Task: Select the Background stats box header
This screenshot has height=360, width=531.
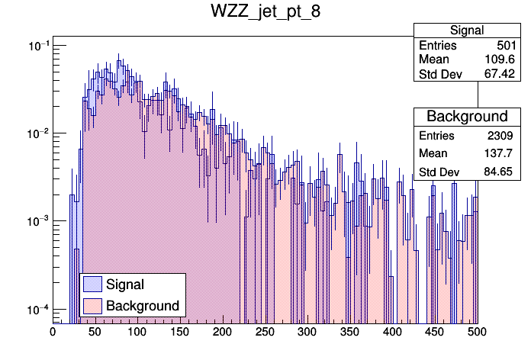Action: [x=467, y=116]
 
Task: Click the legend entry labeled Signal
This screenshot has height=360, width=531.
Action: [x=125, y=284]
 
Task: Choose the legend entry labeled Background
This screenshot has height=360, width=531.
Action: [x=143, y=306]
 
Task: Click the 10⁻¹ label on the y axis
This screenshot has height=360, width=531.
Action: [x=38, y=46]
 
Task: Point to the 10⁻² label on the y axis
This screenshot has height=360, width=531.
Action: [x=38, y=133]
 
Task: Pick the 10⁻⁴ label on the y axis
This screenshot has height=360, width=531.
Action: [x=38, y=309]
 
